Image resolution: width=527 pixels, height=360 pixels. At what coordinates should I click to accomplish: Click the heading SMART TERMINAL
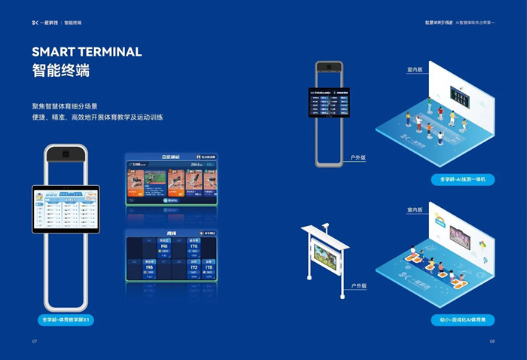87,52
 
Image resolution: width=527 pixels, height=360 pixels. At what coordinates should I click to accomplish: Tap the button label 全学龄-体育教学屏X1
68,320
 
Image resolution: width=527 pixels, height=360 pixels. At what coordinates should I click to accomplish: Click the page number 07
35,341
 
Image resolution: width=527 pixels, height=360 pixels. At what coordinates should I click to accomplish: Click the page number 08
492,341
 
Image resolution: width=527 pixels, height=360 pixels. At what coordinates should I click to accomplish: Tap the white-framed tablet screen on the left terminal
67,209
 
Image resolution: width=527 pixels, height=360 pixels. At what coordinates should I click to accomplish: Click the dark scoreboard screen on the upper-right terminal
329,102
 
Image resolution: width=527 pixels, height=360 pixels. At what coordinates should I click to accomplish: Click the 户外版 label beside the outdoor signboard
358,286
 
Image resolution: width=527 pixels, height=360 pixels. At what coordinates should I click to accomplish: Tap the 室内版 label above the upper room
414,69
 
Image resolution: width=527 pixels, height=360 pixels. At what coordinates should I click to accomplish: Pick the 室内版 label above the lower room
414,209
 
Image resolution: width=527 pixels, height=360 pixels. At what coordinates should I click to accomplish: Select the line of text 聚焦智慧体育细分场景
75,106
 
